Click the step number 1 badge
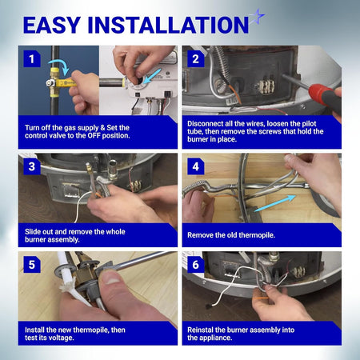tap(32, 59)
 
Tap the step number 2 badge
tap(196, 59)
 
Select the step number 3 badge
tap(32, 166)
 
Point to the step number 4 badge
tap(196, 166)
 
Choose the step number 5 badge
tap(32, 265)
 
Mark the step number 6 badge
tap(196, 265)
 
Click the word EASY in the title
tap(52, 25)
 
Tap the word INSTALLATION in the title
tap(168, 25)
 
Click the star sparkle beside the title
tap(257, 17)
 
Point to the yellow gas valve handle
tap(66, 83)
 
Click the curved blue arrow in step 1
tap(59, 64)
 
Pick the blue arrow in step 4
tap(274, 203)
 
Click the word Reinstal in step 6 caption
tap(200, 330)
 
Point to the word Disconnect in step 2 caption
tap(205, 124)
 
